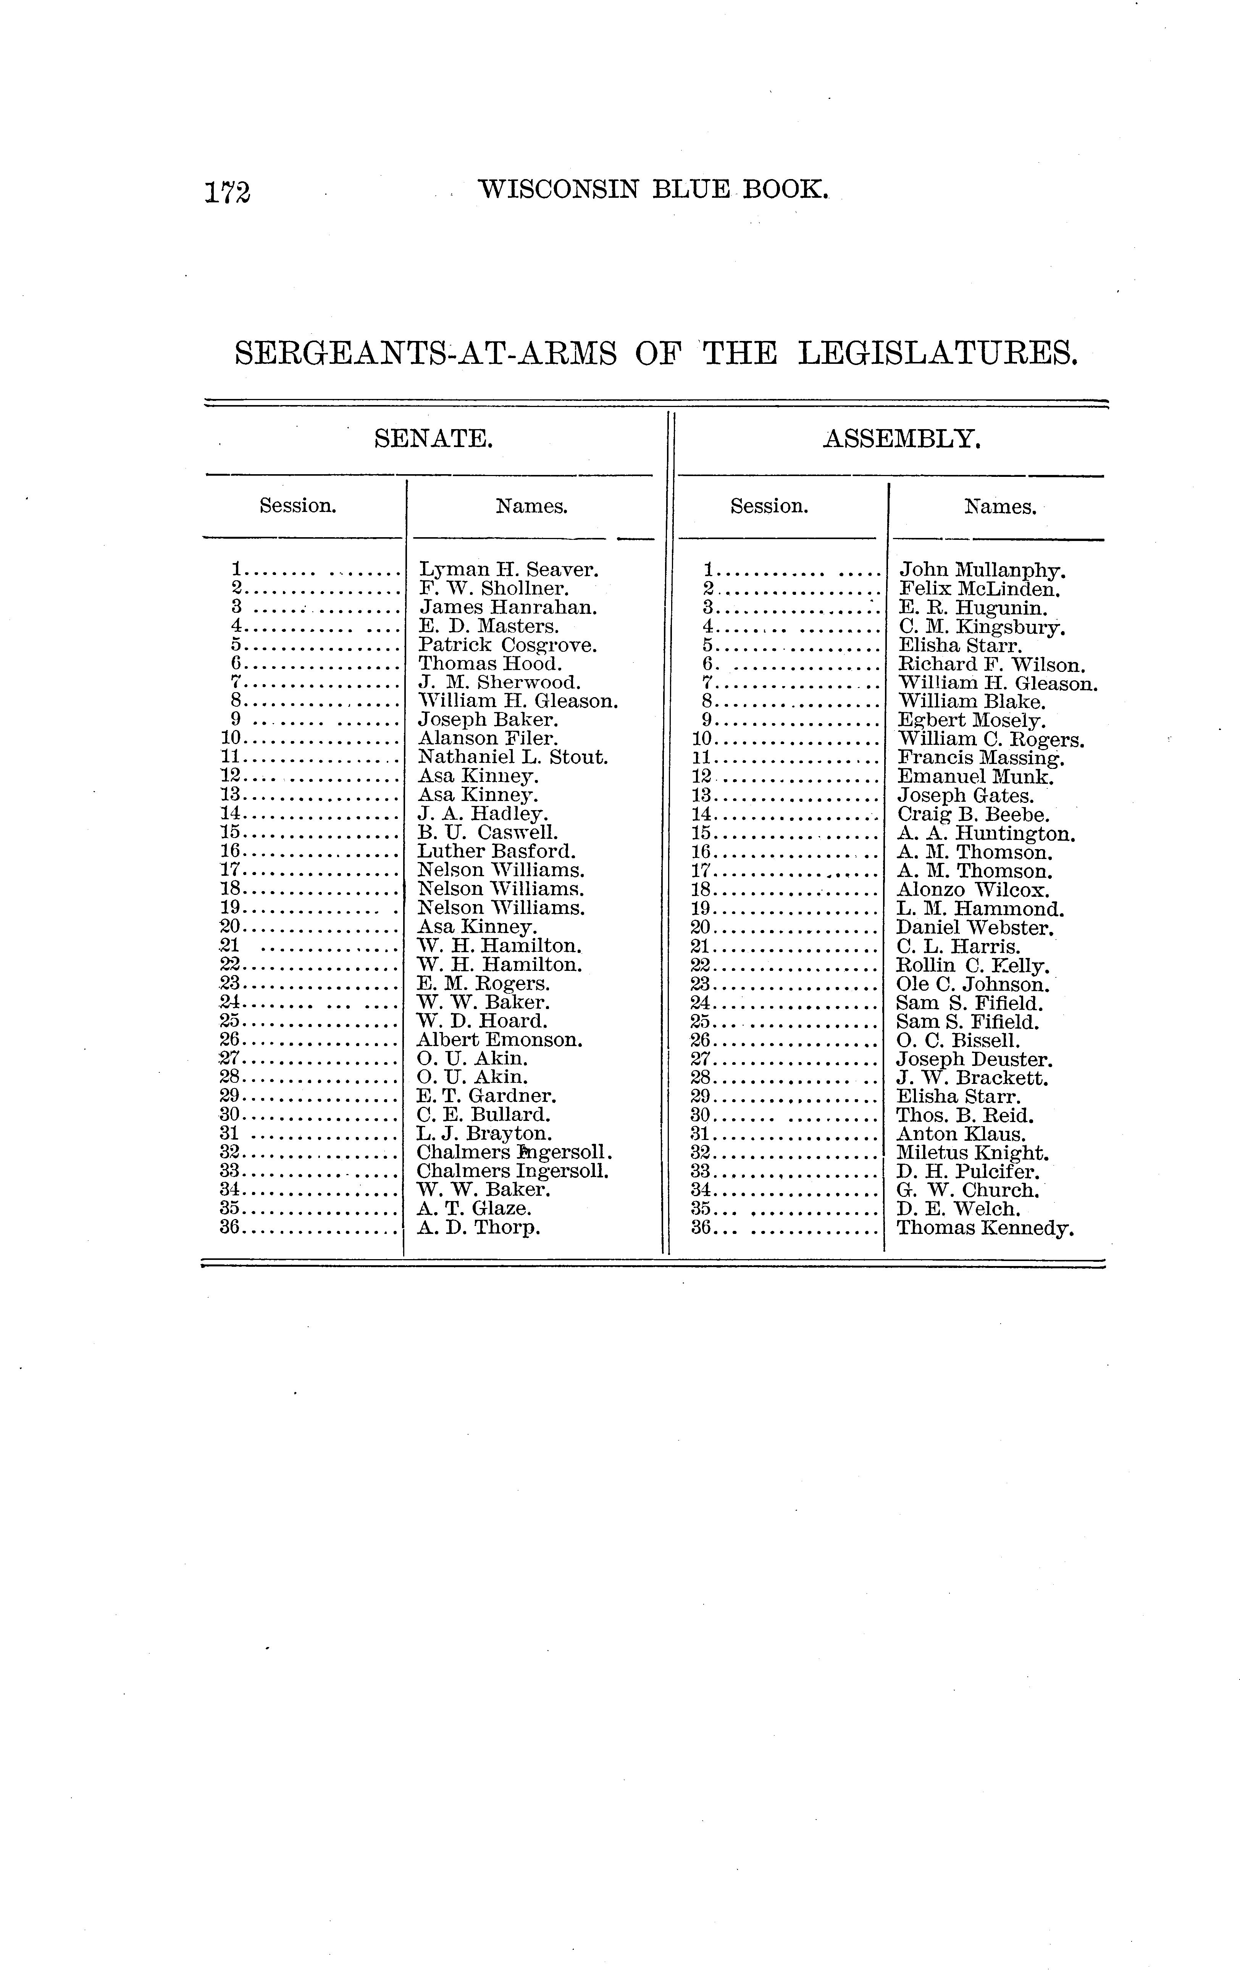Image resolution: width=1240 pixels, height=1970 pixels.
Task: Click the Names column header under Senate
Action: [x=532, y=506]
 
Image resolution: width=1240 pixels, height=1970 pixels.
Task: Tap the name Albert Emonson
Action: [x=500, y=1040]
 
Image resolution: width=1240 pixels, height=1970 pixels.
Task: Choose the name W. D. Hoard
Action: [x=482, y=1021]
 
